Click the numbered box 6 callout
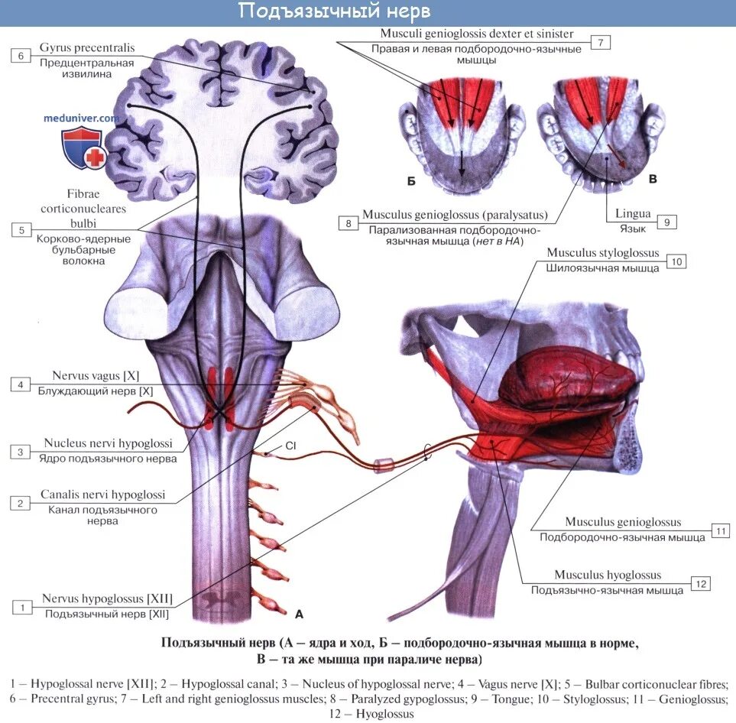(x=21, y=55)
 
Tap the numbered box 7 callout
(x=601, y=42)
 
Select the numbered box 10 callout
(x=676, y=261)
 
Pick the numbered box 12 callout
(x=701, y=583)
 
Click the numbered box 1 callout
(x=23, y=607)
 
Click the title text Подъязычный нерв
(x=334, y=11)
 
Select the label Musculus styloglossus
(x=602, y=253)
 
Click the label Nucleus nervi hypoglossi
(x=108, y=443)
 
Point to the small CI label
(x=290, y=445)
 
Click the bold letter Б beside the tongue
(x=410, y=182)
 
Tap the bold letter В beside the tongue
(x=652, y=179)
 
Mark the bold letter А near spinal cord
(x=299, y=613)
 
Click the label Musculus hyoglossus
(x=608, y=575)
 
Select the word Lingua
(x=632, y=214)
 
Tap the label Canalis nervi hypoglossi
(x=104, y=495)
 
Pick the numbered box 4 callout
(x=21, y=384)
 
